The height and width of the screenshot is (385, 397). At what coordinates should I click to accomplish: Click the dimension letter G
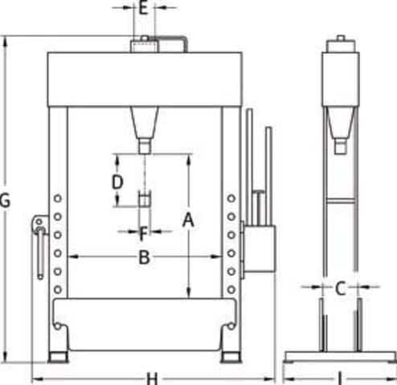coord(5,201)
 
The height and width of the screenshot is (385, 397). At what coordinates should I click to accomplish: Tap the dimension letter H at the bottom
coord(152,379)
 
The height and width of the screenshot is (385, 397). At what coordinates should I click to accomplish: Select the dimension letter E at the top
coord(144,8)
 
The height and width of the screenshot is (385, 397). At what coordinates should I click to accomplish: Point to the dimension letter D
coord(117,182)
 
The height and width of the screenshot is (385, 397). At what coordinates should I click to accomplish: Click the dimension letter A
coord(188,220)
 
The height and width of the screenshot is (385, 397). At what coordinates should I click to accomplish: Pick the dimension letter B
coord(144,257)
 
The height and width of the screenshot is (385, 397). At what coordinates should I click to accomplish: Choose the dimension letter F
coord(143,233)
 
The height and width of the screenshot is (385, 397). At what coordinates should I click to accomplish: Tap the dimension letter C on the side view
coord(340,289)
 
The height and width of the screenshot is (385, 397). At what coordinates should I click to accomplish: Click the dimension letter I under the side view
coord(340,379)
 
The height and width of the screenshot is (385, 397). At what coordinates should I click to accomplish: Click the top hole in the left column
coord(58,198)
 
